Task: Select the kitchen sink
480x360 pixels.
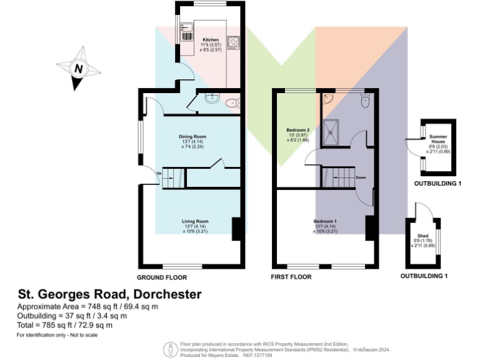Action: [x=187, y=29]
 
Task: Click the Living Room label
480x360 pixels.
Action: [x=194, y=221]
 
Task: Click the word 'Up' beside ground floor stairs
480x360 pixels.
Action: [x=158, y=172]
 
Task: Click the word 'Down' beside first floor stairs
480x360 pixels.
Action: [x=361, y=177]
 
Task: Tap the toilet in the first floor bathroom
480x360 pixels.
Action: [x=366, y=101]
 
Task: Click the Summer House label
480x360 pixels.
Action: [x=436, y=138]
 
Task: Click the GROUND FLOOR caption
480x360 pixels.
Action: [x=161, y=277]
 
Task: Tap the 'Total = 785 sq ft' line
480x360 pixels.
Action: [x=64, y=324]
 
